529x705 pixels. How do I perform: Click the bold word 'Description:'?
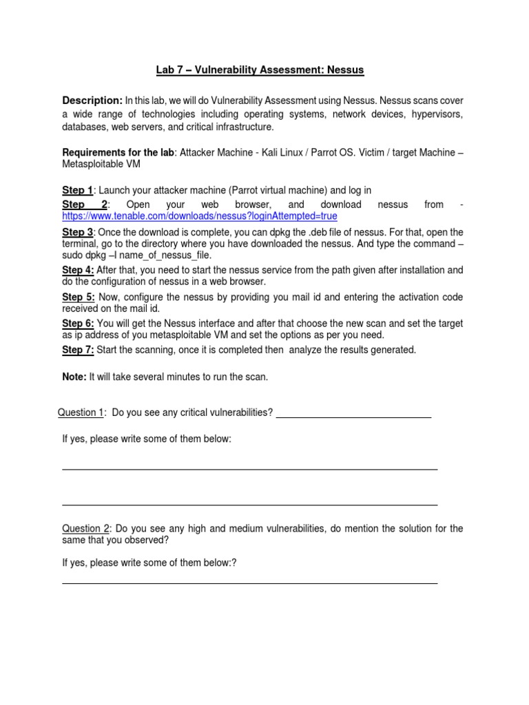92,101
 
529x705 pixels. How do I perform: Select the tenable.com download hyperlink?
200,215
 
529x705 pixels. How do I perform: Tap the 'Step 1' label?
77,190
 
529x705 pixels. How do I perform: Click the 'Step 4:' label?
78,270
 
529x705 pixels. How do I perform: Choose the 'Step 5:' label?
78,297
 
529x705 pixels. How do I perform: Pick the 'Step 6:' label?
78,323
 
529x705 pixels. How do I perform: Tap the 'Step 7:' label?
78,350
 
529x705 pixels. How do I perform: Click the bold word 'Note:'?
74,377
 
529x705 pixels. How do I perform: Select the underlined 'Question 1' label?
81,412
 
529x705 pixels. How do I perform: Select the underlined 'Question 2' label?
85,529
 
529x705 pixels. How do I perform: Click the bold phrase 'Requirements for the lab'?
119,152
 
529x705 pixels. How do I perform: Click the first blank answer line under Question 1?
249,469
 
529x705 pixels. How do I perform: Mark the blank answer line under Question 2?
249,583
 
